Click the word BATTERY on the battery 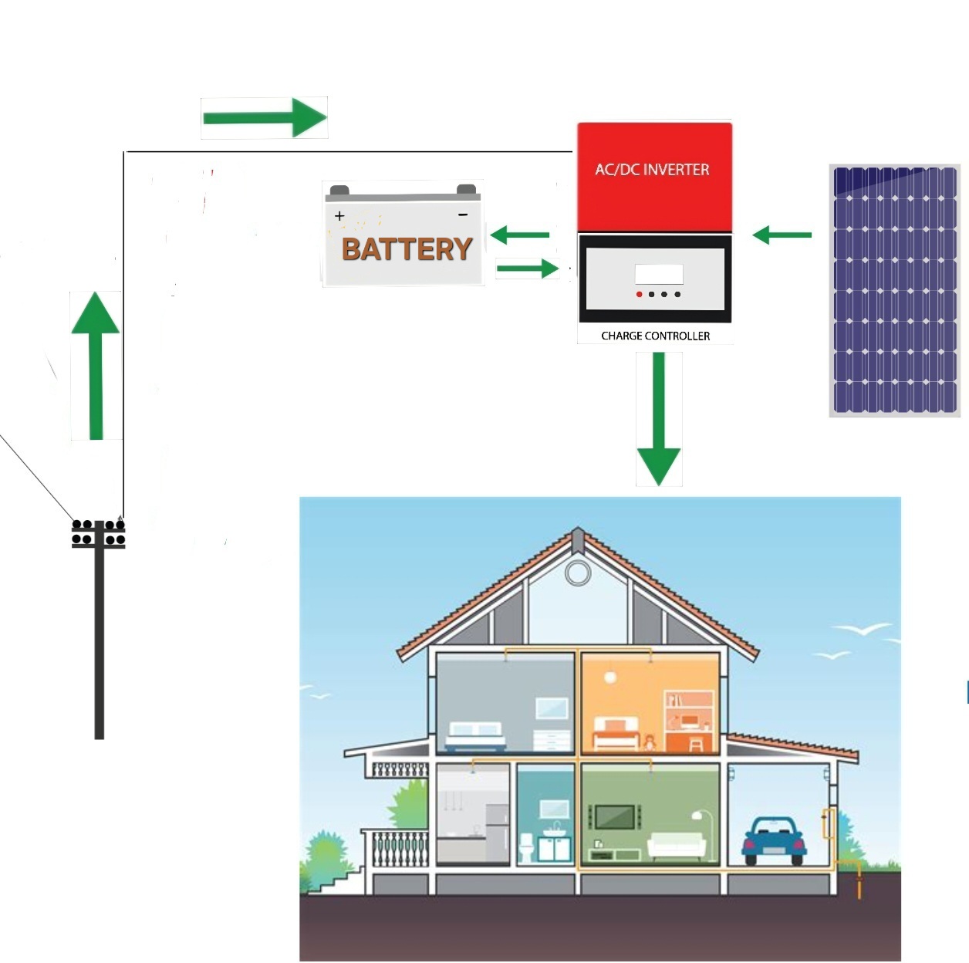(x=407, y=249)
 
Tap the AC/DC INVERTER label (x=652, y=170)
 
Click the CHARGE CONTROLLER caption (x=655, y=336)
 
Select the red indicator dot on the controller (x=639, y=294)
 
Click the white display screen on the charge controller (x=659, y=274)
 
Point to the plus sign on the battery (x=339, y=216)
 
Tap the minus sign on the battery (x=463, y=215)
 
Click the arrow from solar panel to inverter (x=782, y=235)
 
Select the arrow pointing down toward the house (x=659, y=418)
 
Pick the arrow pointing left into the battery (x=519, y=235)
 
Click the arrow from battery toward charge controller (x=528, y=269)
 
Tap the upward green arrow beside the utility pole (x=96, y=366)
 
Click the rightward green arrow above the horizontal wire (x=265, y=118)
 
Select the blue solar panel (x=895, y=290)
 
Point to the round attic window (x=578, y=573)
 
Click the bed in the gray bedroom (x=476, y=736)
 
